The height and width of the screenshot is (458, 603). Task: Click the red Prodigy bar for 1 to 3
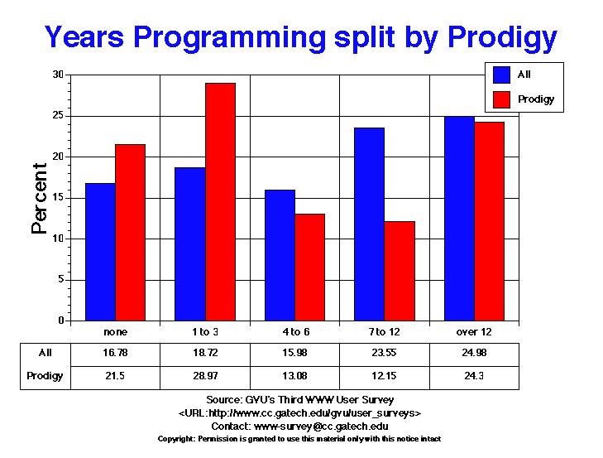[x=220, y=202]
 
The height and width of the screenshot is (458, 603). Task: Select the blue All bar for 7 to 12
[x=370, y=224]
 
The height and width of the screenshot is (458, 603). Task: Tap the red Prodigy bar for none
[x=130, y=233]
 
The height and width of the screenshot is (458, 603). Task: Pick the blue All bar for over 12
[x=459, y=219]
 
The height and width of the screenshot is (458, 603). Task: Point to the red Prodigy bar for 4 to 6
[x=309, y=268]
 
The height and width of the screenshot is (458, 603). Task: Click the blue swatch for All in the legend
[x=501, y=75]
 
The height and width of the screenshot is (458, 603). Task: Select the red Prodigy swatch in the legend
[x=501, y=99]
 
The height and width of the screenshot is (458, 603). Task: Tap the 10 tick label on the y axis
[x=59, y=239]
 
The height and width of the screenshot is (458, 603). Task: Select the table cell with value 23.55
[x=385, y=353]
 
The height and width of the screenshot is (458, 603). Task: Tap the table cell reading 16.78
[x=115, y=353]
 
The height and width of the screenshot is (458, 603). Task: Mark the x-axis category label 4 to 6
[x=295, y=332]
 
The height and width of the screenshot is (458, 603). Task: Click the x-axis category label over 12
[x=474, y=332]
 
